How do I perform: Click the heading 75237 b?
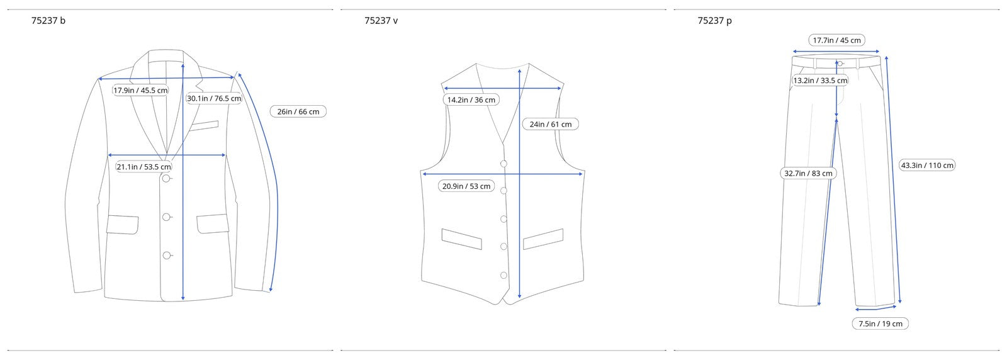pyautogui.click(x=48, y=21)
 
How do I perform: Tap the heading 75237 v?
pyautogui.click(x=381, y=21)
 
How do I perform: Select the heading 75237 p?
pyautogui.click(x=714, y=21)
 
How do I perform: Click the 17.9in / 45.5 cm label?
pyautogui.click(x=140, y=91)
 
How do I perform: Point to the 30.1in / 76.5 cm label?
pyautogui.click(x=214, y=98)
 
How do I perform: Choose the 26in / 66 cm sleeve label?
pyautogui.click(x=298, y=111)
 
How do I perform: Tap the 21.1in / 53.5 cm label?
pyautogui.click(x=144, y=167)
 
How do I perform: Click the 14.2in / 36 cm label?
pyautogui.click(x=471, y=100)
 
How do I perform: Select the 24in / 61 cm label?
pyautogui.click(x=550, y=124)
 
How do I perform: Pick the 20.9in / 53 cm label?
pyautogui.click(x=466, y=186)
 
